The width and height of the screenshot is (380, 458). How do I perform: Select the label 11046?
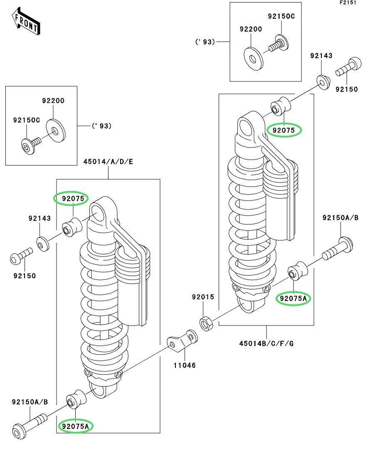click(185, 365)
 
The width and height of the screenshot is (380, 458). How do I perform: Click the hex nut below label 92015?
click(205, 323)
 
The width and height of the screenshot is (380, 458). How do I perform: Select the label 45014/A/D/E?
click(108, 162)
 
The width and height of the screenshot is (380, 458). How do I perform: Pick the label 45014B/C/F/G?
click(266, 343)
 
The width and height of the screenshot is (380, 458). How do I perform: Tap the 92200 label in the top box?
click(251, 29)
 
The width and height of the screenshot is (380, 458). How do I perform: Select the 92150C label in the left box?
click(27, 120)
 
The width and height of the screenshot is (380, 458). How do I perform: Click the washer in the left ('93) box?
click(54, 130)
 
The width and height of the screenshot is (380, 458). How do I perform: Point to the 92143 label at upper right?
click(321, 56)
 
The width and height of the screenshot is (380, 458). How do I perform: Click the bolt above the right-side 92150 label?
click(348, 67)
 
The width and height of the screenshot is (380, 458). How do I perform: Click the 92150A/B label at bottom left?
click(30, 402)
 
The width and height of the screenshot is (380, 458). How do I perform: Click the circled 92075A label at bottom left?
click(76, 426)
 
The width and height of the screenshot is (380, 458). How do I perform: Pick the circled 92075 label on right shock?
click(284, 130)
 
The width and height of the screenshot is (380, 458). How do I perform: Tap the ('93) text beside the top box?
click(205, 42)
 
